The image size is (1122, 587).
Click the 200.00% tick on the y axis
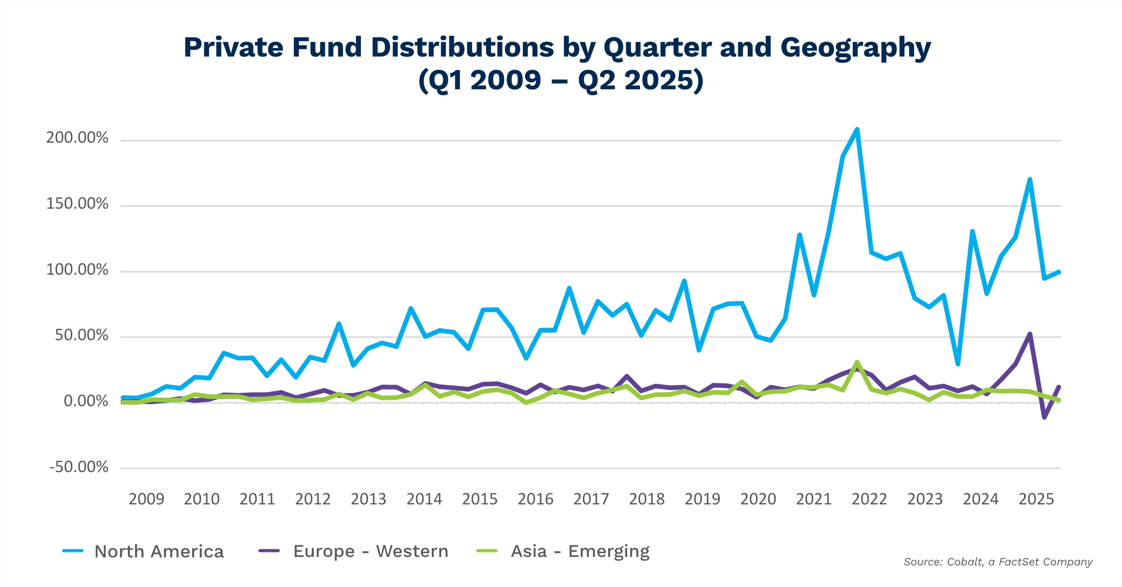tap(77, 137)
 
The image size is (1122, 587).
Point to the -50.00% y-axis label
tap(79, 467)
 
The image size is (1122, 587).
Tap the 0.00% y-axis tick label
tap(86, 401)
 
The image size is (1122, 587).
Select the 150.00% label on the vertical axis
tap(77, 204)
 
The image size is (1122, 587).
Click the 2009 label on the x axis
tap(146, 499)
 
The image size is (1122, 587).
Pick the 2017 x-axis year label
tap(591, 499)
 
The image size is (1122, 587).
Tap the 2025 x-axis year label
tap(1036, 499)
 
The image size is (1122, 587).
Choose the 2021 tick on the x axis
tap(814, 499)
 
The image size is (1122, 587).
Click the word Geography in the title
tap(855, 48)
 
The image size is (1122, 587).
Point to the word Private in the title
tap(233, 48)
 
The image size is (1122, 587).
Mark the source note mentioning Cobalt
tap(998, 562)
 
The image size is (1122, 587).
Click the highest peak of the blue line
tap(857, 130)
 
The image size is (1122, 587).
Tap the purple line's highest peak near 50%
tap(1030, 334)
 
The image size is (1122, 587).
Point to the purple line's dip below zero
tap(1044, 417)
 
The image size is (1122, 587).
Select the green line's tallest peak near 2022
tap(857, 362)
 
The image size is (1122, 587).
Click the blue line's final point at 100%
tap(1059, 272)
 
